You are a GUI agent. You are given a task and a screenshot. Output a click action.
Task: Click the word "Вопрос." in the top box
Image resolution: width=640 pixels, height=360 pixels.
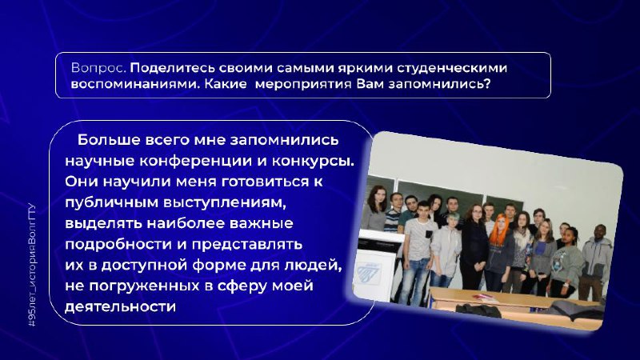pos(98,68)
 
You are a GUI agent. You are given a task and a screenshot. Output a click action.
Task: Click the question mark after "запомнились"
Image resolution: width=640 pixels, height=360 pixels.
pos(486,84)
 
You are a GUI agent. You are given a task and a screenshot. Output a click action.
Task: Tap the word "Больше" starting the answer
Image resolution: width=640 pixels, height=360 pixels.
pos(108,140)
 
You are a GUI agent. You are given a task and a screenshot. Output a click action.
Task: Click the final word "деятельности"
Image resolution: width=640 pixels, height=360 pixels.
pos(121,306)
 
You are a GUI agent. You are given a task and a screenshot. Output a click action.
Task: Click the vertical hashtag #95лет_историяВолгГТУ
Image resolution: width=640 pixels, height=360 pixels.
pos(32,266)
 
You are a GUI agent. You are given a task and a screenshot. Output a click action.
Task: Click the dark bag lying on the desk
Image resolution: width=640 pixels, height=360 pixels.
pos(478,310)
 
